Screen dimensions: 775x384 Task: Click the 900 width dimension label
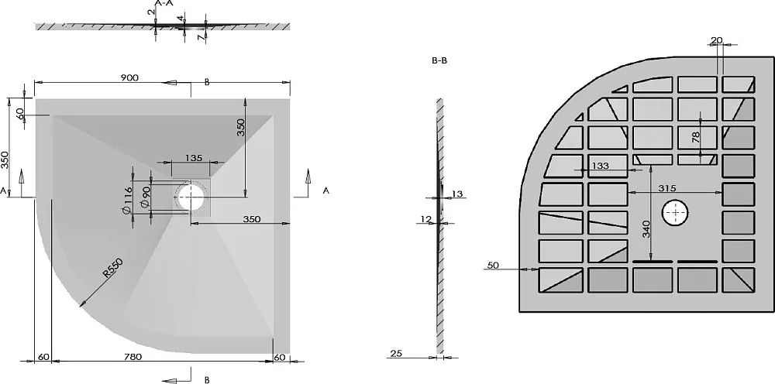coord(129,77)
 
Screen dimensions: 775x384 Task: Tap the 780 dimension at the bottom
coord(133,357)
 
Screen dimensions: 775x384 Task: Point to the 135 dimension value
coord(194,158)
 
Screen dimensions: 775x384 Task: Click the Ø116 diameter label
coord(126,201)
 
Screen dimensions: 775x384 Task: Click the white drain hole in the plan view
coord(191,196)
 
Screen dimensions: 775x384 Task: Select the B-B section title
coord(439,62)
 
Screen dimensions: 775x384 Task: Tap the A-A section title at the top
coord(164,3)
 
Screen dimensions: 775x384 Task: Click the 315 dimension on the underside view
coord(666,187)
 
